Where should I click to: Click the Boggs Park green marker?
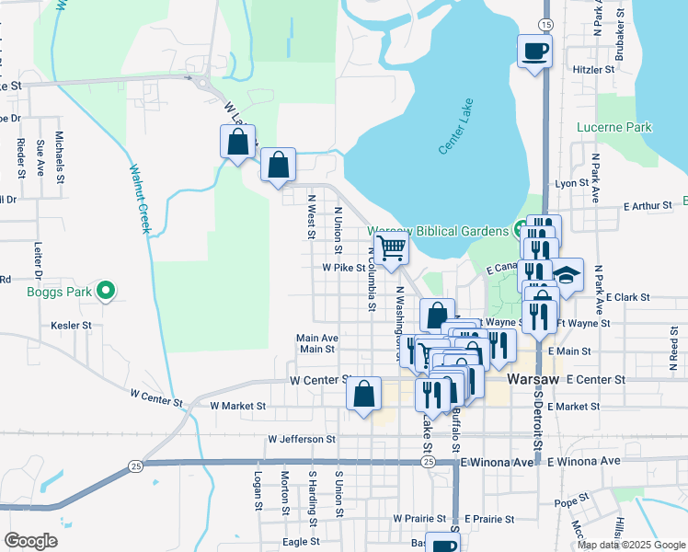[106, 292]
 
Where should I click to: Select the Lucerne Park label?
[614, 127]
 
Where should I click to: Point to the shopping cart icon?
[393, 247]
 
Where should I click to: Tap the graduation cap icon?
[568, 273]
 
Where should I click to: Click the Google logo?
[30, 540]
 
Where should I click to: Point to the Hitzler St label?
[593, 69]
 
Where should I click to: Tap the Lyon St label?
[571, 183]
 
